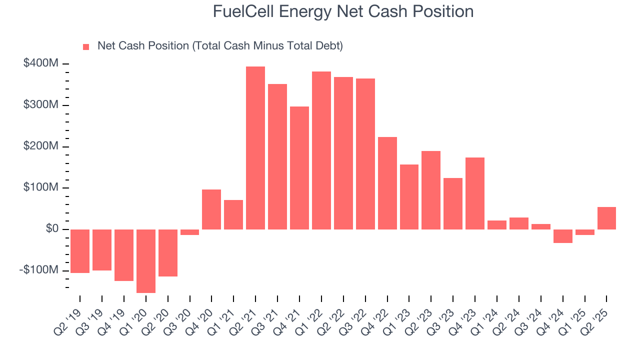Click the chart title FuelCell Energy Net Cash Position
coord(343,11)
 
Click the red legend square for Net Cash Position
coord(86,46)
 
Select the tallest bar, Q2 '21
coord(255,148)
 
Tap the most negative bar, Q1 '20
coord(146,261)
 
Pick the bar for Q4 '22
coord(387,183)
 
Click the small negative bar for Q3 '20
coord(189,232)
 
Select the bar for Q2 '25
coord(606,218)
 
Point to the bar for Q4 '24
coord(562,236)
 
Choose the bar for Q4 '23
coord(475,193)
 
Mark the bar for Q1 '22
coord(321,150)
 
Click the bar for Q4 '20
coord(211,209)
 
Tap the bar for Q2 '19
coord(80,251)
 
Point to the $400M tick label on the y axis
coord(41,63)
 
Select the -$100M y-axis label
coord(39,270)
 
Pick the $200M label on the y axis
coord(41,146)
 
